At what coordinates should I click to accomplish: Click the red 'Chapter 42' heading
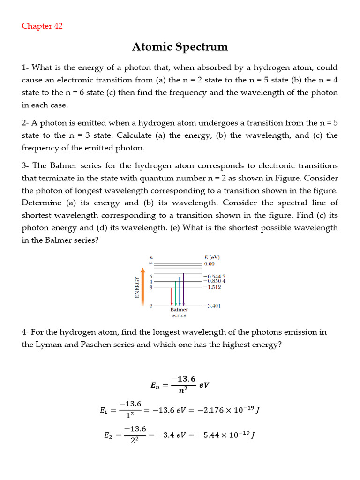(x=42, y=26)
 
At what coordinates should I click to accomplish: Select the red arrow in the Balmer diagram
(x=172, y=296)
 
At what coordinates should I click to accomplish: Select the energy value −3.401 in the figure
(x=213, y=306)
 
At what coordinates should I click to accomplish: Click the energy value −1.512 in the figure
(x=213, y=287)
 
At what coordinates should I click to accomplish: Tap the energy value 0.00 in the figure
(x=209, y=264)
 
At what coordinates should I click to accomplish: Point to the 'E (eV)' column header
(x=212, y=257)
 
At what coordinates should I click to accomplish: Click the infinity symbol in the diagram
(x=150, y=264)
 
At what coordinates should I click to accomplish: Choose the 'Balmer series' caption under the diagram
(x=179, y=312)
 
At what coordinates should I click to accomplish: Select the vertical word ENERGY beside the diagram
(x=137, y=287)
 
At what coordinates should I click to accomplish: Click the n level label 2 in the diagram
(x=150, y=306)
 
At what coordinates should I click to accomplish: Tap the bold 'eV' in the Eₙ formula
(x=204, y=385)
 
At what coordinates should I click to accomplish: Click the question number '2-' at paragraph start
(x=25, y=123)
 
